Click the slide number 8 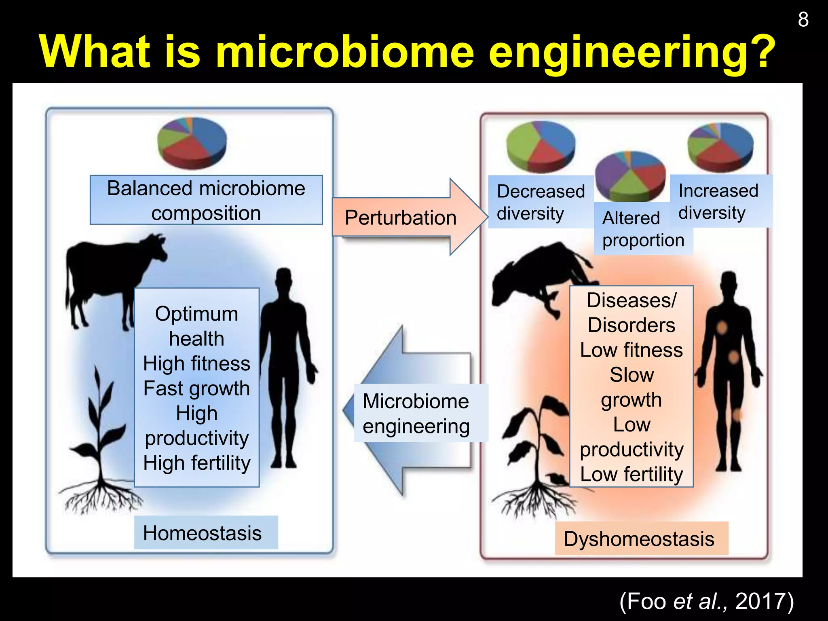coord(803,19)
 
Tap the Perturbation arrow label coord(400,218)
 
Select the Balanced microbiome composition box coord(206,200)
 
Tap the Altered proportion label coord(643,229)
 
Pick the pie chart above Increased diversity coord(720,146)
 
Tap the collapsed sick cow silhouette coord(538,275)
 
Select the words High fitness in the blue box coord(196,363)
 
